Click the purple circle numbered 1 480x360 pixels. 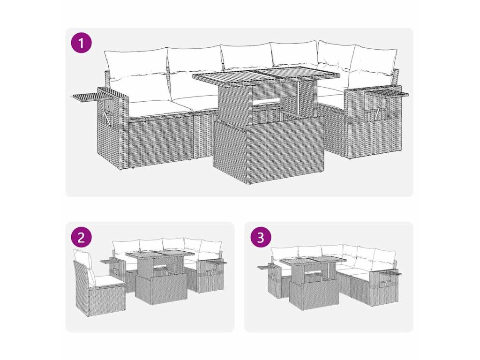pos(81,43)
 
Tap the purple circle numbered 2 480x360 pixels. pos(81,237)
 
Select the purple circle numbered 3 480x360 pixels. pos(261,237)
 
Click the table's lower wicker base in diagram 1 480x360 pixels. pos(263,150)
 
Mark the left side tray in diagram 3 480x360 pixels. pos(266,267)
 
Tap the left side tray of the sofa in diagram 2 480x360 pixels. pos(109,261)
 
